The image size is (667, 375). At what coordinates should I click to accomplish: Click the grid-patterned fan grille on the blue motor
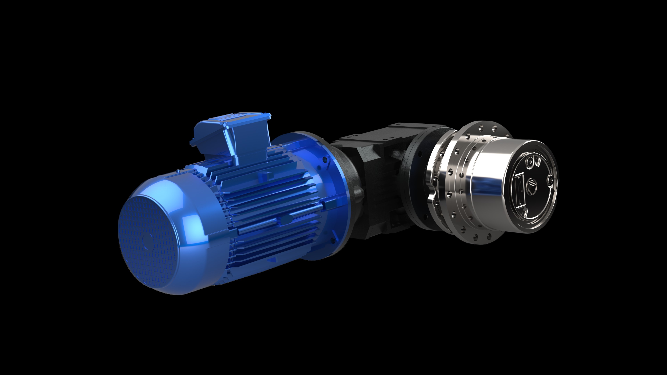coord(148,241)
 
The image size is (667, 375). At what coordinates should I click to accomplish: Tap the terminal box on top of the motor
coord(233,137)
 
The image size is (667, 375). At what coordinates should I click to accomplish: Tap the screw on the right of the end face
coord(550,179)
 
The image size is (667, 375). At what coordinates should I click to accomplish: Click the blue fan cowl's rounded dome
coord(176,197)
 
